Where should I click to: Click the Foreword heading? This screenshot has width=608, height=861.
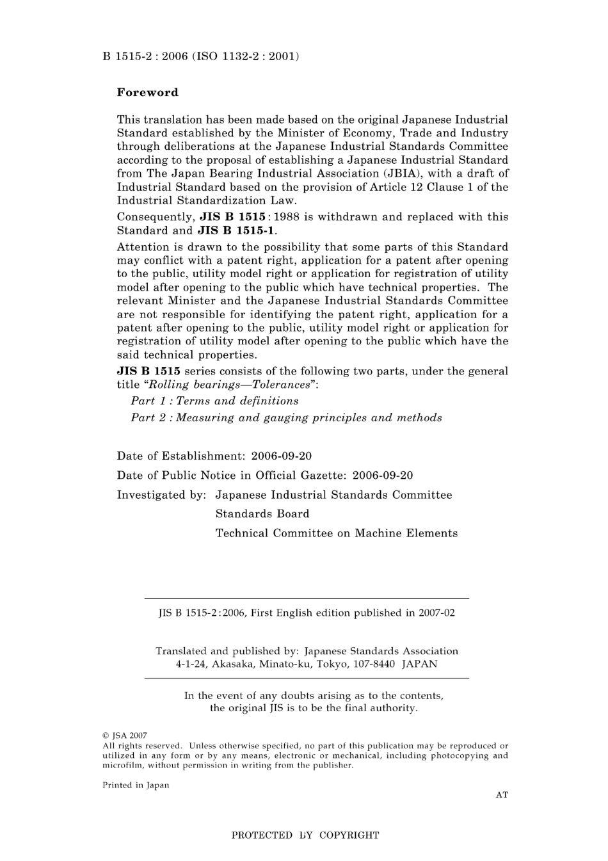point(147,92)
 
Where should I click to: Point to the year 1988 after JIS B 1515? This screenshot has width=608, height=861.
point(286,217)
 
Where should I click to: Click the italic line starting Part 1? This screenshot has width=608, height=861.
point(214,401)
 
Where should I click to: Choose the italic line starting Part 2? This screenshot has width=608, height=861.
point(286,418)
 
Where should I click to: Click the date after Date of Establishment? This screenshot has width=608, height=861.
point(282,456)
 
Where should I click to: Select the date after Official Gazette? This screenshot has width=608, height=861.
point(383,476)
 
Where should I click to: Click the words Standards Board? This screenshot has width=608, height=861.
point(262,514)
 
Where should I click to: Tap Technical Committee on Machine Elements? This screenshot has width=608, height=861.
point(337,533)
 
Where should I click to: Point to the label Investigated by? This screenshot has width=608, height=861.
point(161,495)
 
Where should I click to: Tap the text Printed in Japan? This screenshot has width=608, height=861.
point(136,785)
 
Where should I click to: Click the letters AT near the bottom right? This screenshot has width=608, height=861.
point(502,795)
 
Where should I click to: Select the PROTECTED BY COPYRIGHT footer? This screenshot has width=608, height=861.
point(305,835)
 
